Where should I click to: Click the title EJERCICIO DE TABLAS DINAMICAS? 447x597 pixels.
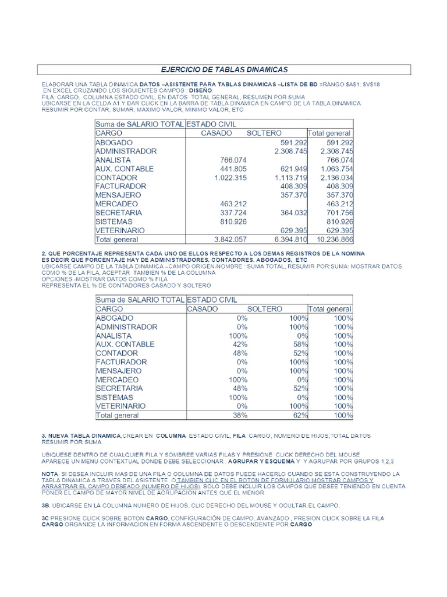pyautogui.click(x=224, y=69)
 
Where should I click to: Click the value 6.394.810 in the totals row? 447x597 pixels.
pyautogui.click(x=286, y=239)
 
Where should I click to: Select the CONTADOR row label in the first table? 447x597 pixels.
pyautogui.click(x=116, y=177)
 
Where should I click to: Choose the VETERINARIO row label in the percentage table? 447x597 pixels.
pyautogui.click(x=120, y=406)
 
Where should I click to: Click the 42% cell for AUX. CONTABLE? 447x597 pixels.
pyautogui.click(x=239, y=345)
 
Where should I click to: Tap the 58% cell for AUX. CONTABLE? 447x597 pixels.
pyautogui.click(x=299, y=345)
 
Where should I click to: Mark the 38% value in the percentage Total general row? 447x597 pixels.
pyautogui.click(x=239, y=416)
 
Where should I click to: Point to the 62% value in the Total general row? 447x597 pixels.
pyautogui.click(x=299, y=416)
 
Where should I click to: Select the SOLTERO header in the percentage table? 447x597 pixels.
pyautogui.click(x=265, y=308)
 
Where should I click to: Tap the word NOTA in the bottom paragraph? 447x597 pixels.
pyautogui.click(x=50, y=474)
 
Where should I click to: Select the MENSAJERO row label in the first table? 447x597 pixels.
pyautogui.click(x=120, y=195)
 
